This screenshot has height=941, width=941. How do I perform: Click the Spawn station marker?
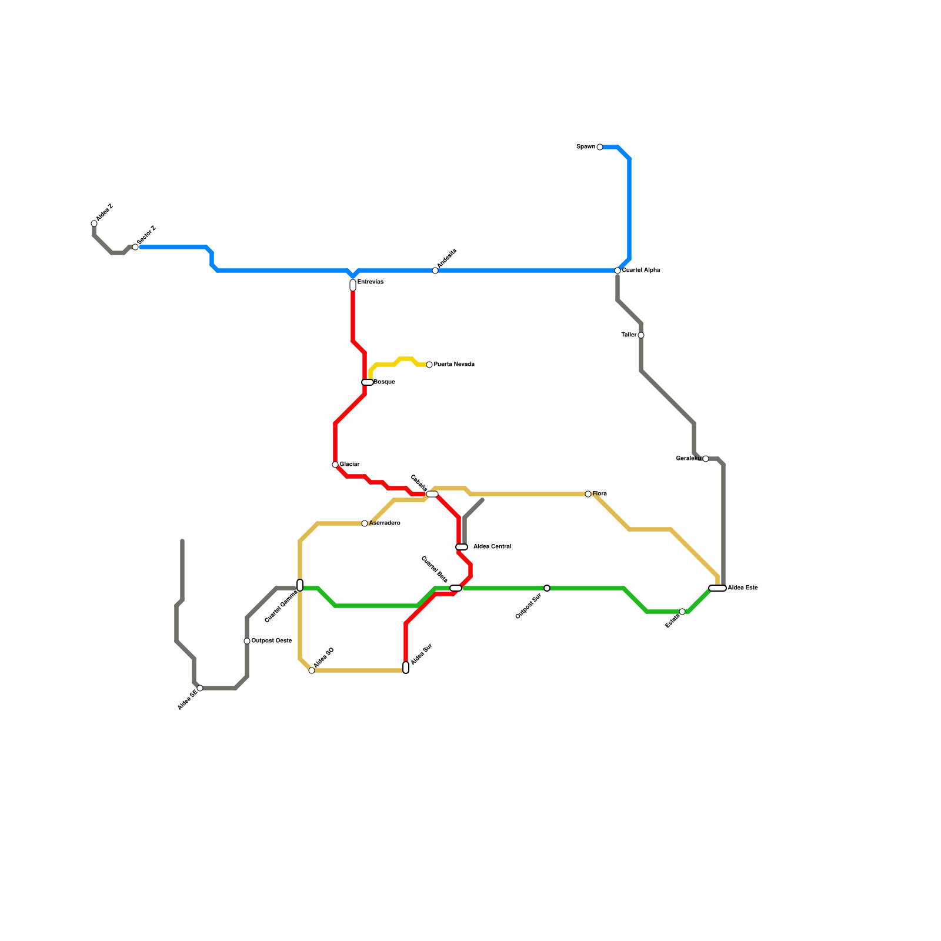tap(600, 147)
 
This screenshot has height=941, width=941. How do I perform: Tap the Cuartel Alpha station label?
tap(641, 271)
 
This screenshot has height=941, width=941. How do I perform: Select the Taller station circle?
tap(641, 335)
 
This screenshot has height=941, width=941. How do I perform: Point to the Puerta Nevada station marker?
tap(429, 365)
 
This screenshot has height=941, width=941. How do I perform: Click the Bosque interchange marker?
tap(368, 382)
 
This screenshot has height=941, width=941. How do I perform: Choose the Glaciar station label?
tap(349, 465)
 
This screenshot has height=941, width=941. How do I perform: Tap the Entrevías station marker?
tap(353, 285)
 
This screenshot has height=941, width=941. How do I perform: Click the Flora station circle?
tap(588, 494)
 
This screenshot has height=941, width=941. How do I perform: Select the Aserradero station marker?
tap(365, 523)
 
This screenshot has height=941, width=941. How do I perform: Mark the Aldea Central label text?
tap(492, 547)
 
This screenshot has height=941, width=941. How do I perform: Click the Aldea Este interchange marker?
tap(718, 588)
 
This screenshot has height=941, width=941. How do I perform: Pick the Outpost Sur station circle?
tap(547, 588)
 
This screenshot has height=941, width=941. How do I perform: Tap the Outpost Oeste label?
tap(271, 641)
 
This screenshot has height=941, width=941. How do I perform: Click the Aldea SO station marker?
tap(312, 670)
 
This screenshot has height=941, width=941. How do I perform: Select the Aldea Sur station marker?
tap(406, 668)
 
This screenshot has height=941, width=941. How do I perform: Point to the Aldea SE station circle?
tap(200, 688)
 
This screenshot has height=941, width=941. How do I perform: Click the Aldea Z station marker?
tap(94, 223)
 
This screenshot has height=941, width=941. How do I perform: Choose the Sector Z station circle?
tap(135, 247)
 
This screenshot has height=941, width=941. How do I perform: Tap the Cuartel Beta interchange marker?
tap(456, 588)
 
